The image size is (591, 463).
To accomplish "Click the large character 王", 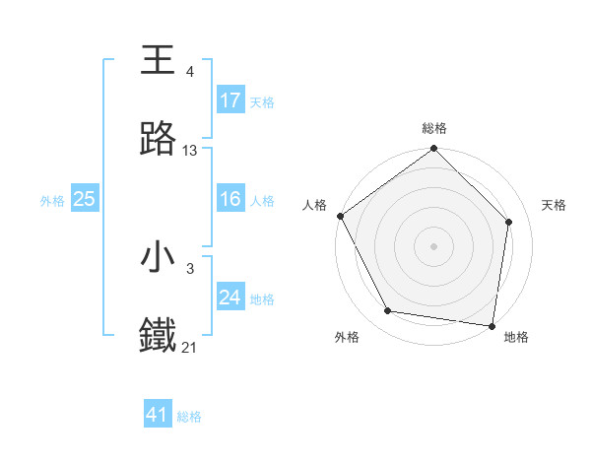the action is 159,59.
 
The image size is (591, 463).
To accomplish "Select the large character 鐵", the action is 159,336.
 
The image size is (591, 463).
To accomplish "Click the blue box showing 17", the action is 230,100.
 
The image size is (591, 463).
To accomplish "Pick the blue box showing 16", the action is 230,199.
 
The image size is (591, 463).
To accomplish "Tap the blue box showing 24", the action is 230,298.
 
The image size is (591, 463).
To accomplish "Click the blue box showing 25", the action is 85,199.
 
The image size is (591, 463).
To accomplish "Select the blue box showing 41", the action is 158,415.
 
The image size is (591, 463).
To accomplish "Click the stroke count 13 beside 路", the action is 190,151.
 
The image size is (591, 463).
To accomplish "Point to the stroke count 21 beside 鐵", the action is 190,348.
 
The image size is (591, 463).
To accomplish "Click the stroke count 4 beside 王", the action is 189,71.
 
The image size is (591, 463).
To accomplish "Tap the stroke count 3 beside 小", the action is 189,268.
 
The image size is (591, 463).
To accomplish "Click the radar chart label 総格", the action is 434,128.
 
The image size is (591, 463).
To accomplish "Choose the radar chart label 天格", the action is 555,205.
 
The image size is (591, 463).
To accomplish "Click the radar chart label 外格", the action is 347,337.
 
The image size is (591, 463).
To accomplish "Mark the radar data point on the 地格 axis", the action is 491,325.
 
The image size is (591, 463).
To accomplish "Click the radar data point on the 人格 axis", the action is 340,216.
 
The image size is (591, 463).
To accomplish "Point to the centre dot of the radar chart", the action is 434,245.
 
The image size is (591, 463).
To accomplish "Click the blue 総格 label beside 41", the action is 190,417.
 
